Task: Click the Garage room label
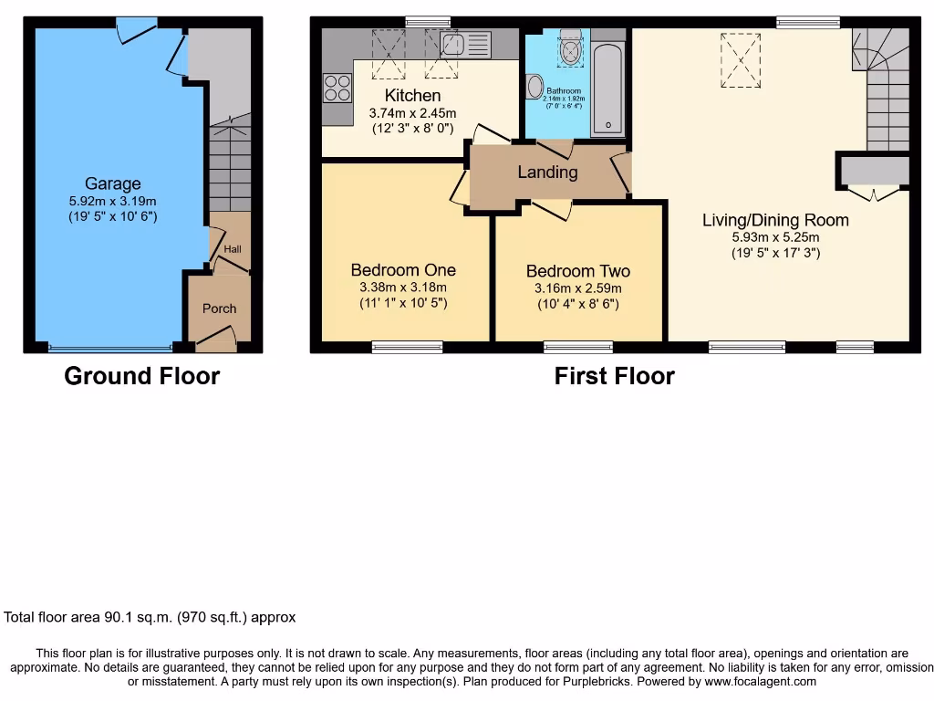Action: [113, 183]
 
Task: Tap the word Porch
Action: [219, 309]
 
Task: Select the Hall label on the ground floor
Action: [233, 249]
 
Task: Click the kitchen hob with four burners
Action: [337, 87]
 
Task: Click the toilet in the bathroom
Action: [572, 49]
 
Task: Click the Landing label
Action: [547, 172]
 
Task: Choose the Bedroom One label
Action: [403, 270]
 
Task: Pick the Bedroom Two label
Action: [577, 271]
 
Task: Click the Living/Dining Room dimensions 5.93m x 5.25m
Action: [775, 237]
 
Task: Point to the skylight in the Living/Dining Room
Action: [741, 60]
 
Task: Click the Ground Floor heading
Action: [142, 375]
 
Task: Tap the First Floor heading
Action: [614, 375]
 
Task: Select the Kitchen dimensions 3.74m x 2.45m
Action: [412, 113]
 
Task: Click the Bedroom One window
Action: [407, 346]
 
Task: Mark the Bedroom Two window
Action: [578, 346]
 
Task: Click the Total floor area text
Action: [150, 617]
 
